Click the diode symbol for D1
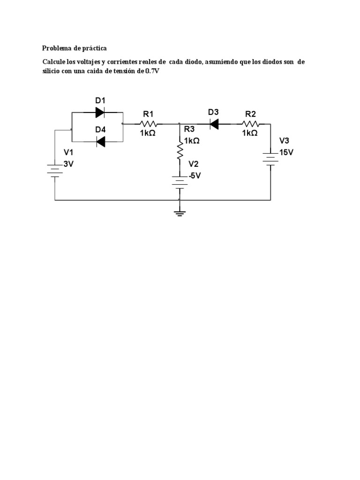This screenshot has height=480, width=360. tap(100, 112)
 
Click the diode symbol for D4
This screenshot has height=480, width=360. tap(100, 141)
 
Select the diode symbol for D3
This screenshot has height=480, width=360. tap(215, 124)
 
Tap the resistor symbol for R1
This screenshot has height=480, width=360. tap(149, 124)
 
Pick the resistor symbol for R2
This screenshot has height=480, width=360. tap(250, 124)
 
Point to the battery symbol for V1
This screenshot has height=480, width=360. tap(55, 169)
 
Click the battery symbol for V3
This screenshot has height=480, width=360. tap(271, 157)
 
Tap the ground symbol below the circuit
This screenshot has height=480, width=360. tap(180, 213)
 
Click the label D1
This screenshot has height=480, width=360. tap(100, 100)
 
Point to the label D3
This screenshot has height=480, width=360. tap(213, 112)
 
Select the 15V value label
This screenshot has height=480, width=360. tap(286, 152)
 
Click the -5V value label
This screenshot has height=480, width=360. tap(194, 175)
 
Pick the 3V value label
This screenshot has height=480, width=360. tap(68, 164)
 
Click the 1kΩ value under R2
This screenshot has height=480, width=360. tap(250, 133)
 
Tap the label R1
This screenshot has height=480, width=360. tap(148, 113)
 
